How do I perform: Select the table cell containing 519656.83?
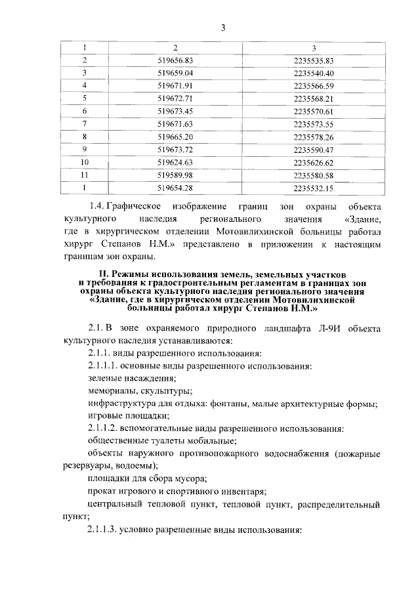175,60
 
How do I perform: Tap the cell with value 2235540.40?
314,72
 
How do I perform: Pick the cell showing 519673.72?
175,149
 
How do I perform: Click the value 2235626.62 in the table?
314,162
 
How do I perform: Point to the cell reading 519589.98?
175,175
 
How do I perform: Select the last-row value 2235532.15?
314,188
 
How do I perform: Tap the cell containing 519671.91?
175,85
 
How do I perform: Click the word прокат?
102,490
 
